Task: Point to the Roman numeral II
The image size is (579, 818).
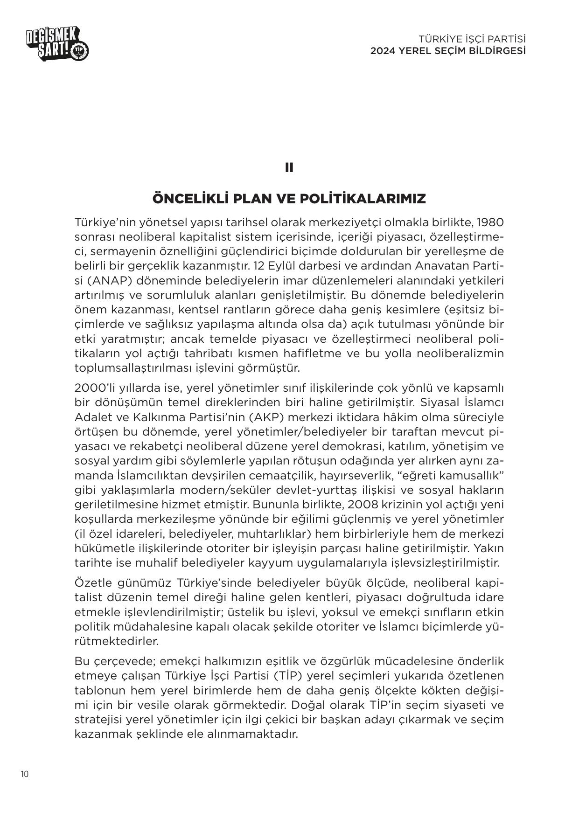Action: (289, 168)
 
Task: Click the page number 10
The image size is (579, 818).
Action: (25, 774)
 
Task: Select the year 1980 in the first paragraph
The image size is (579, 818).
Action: (491, 222)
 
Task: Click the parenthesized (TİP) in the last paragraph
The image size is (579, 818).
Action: (289, 676)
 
